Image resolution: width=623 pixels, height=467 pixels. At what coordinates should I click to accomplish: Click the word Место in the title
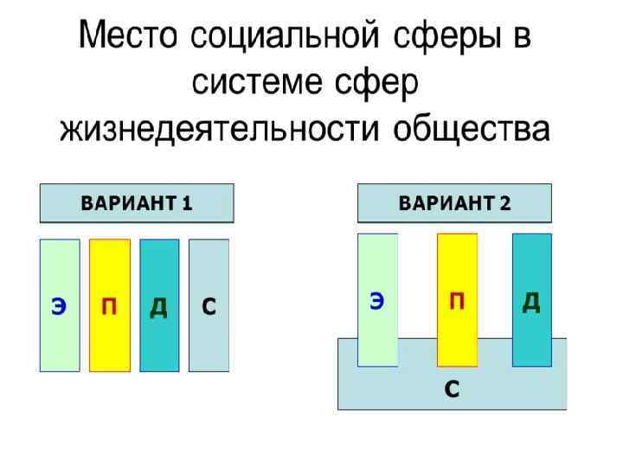pos(129,39)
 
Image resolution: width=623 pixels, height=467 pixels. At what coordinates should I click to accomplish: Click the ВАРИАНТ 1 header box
pos(137,204)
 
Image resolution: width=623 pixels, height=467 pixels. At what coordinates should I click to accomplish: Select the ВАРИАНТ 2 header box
pos(454,204)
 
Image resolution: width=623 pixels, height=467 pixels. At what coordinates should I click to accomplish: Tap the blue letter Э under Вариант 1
pos(59,308)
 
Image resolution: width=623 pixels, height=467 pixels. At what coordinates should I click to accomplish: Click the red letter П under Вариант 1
pos(109,308)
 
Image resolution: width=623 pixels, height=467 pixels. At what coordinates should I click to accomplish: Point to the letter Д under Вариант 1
pos(158,308)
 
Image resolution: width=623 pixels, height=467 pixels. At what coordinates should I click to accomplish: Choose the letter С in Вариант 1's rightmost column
pos(209,307)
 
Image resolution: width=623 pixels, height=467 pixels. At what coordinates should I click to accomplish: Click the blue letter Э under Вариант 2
pos(377,301)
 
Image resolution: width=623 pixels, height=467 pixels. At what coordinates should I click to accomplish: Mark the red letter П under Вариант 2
pos(457,301)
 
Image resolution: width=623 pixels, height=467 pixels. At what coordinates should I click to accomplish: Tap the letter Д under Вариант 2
pos(531,302)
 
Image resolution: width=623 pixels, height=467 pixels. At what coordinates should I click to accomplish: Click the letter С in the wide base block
pos(451,388)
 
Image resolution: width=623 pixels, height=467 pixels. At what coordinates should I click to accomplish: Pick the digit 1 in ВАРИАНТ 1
pos(187,204)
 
